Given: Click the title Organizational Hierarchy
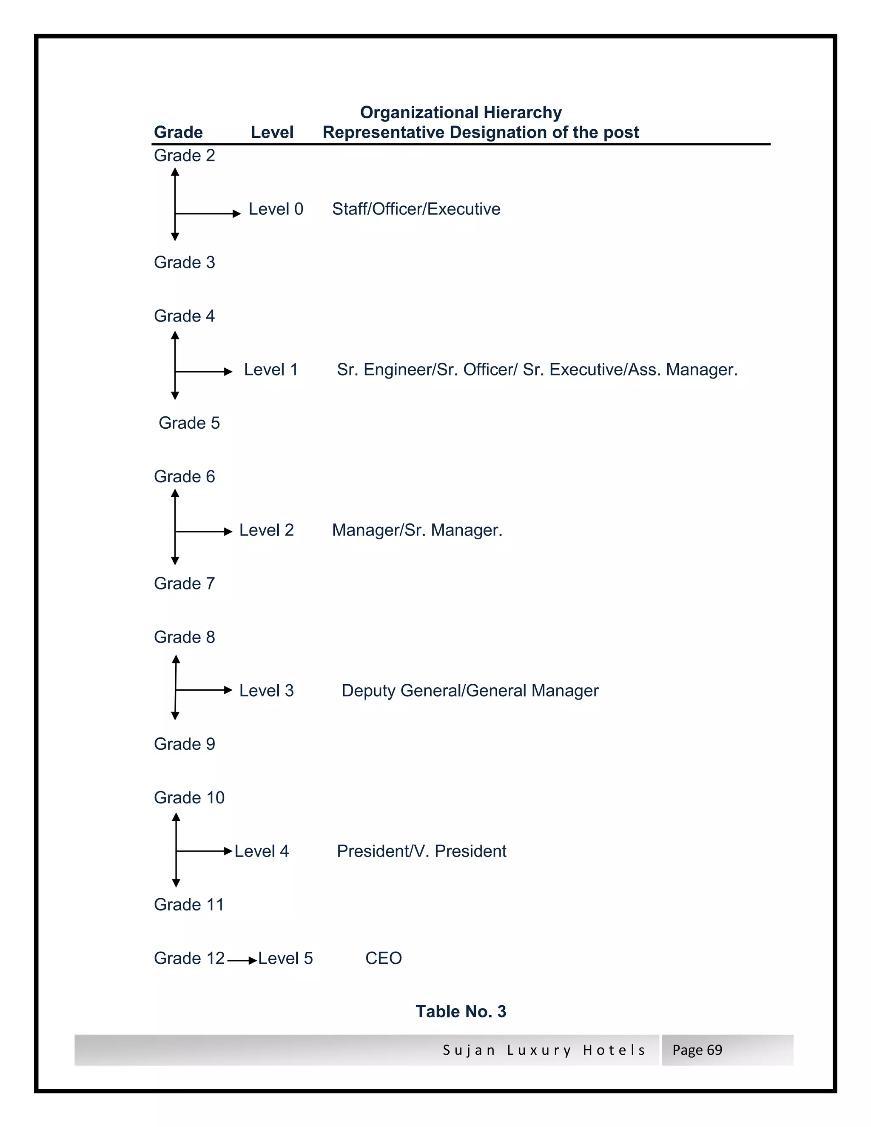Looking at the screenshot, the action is coord(460,113).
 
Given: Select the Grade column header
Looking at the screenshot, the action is coord(178,133).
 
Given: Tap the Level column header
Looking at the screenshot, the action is coord(272,133).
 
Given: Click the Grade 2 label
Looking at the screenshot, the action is coord(184,155).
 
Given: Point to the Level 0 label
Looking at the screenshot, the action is coord(276,209).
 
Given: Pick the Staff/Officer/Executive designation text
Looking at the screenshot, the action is coord(416,209).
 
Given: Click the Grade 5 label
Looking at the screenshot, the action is coord(189,423).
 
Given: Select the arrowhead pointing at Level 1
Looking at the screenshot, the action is coord(228,372).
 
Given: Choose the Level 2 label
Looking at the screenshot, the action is coord(266,530).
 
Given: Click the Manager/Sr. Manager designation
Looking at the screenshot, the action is coord(417,530).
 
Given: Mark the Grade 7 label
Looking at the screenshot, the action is coord(184,583).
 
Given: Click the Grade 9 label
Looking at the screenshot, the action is coord(184,744).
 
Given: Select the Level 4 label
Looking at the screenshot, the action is coord(262,851).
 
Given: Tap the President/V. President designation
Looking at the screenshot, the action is coord(421,851).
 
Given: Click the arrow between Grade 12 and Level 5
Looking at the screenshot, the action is coord(242,960).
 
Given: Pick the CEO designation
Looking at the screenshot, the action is coord(383,958).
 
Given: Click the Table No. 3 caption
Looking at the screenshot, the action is coord(461,1011).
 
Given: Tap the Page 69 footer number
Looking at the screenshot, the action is coord(697,1050).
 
